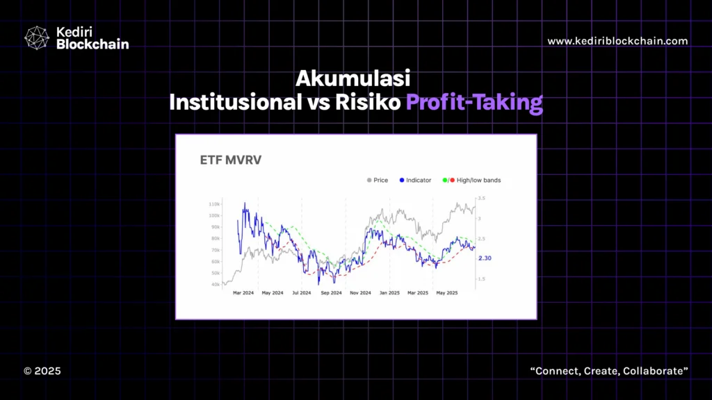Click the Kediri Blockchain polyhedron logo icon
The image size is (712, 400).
pos(37,37)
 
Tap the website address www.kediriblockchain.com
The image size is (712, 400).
pos(617,41)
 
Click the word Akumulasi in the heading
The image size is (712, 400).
pos(353,78)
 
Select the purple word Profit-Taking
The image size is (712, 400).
pos(474,103)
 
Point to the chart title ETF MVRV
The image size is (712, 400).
pos(231,160)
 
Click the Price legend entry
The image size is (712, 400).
pos(378,180)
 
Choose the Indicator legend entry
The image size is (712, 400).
pos(415,180)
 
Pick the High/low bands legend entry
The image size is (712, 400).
pos(471,180)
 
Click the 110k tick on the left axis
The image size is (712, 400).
pos(214,204)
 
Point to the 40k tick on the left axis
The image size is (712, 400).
pos(216,285)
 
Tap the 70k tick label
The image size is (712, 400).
pos(216,250)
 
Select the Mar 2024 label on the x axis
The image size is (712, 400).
pos(243,293)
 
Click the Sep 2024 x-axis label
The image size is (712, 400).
pos(331,293)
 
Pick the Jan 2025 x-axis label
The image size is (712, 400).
pos(389,293)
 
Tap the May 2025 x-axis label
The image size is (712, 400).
pos(447,293)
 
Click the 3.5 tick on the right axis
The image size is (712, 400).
pos(481,198)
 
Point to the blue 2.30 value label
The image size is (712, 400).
pos(485,258)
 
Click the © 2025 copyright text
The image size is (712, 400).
pos(42,371)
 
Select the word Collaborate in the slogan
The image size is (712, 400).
pos(655,371)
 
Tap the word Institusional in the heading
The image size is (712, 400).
pos(235,103)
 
